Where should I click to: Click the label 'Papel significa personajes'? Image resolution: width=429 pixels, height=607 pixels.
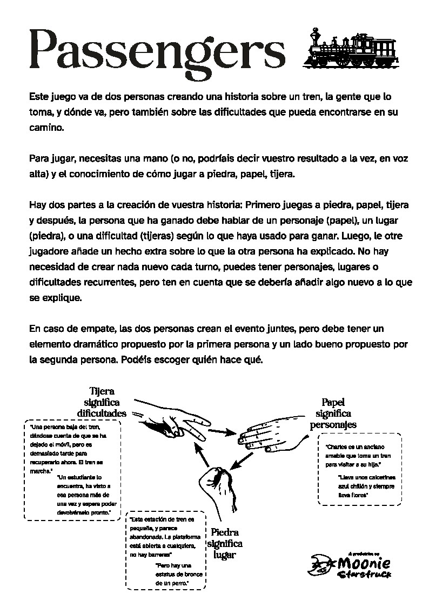pos(333,413)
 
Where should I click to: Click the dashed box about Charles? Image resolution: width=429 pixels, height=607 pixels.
pos(359,469)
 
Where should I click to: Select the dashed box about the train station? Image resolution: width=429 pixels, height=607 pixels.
pos(165,550)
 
